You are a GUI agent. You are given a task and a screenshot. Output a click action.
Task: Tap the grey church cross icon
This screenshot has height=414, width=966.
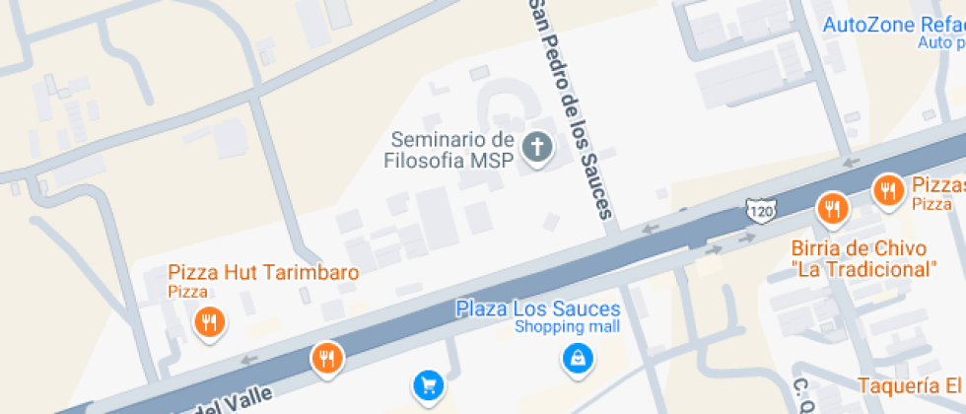click(x=537, y=149)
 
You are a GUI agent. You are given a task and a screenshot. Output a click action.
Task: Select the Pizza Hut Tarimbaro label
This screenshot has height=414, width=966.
click(x=263, y=273)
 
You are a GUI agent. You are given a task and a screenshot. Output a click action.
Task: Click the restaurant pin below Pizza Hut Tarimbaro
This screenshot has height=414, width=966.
click(x=208, y=321)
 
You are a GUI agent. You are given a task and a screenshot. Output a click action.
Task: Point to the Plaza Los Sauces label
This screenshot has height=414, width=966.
click(x=537, y=310)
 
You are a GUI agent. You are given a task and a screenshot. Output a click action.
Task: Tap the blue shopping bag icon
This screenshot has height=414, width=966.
click(x=577, y=358)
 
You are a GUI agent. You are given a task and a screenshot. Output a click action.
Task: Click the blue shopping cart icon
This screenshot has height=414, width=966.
click(x=427, y=383)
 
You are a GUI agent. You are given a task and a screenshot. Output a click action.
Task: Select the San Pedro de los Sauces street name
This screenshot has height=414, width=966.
click(x=572, y=108)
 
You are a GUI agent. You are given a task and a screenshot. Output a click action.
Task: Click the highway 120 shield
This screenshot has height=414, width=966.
click(x=760, y=211)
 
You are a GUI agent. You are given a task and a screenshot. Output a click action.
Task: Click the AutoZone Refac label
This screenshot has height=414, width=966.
click(x=893, y=25)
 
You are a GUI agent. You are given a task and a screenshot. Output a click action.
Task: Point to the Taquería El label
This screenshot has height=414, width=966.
click(x=909, y=385)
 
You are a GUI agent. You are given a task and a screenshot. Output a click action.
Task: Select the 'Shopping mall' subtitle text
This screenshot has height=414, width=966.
click(x=567, y=327)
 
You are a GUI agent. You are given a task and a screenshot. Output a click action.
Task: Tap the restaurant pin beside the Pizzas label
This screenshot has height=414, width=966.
click(x=888, y=189)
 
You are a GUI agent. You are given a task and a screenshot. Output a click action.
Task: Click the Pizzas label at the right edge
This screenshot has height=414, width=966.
click(x=937, y=185)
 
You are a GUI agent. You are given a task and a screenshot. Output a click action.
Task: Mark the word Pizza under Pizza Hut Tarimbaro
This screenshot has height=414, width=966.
click(x=187, y=292)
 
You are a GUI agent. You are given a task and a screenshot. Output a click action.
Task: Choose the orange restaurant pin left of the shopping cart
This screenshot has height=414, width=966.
click(x=327, y=358)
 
